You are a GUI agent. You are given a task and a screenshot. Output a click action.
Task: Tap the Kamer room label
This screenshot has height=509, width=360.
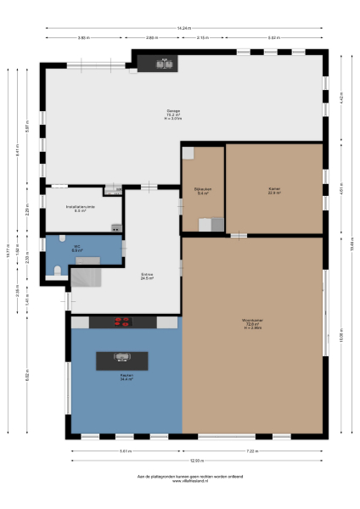click(x=274, y=192)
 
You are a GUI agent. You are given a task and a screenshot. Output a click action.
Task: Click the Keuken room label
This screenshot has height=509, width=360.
click(x=126, y=378)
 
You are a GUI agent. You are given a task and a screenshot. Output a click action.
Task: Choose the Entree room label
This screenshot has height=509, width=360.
click(x=147, y=276)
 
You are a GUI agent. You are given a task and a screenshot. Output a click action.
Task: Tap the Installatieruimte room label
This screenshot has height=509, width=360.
click(x=81, y=208)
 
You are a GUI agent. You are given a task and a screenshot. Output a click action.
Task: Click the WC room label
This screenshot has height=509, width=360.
click(x=76, y=249)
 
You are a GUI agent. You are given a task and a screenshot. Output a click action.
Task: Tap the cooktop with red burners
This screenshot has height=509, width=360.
click(x=123, y=322)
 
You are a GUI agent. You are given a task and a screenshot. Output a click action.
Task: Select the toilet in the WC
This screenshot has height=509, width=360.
click(x=58, y=270)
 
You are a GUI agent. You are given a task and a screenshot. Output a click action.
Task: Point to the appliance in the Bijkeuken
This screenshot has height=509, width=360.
click(x=208, y=224)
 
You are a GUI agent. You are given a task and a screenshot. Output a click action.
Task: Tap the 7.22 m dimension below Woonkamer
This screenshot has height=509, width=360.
click(x=251, y=450)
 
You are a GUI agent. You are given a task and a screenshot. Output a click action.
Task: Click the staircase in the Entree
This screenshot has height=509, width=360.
click(x=85, y=277)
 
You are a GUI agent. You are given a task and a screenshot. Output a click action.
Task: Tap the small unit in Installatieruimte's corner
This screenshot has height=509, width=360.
click(x=115, y=227)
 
